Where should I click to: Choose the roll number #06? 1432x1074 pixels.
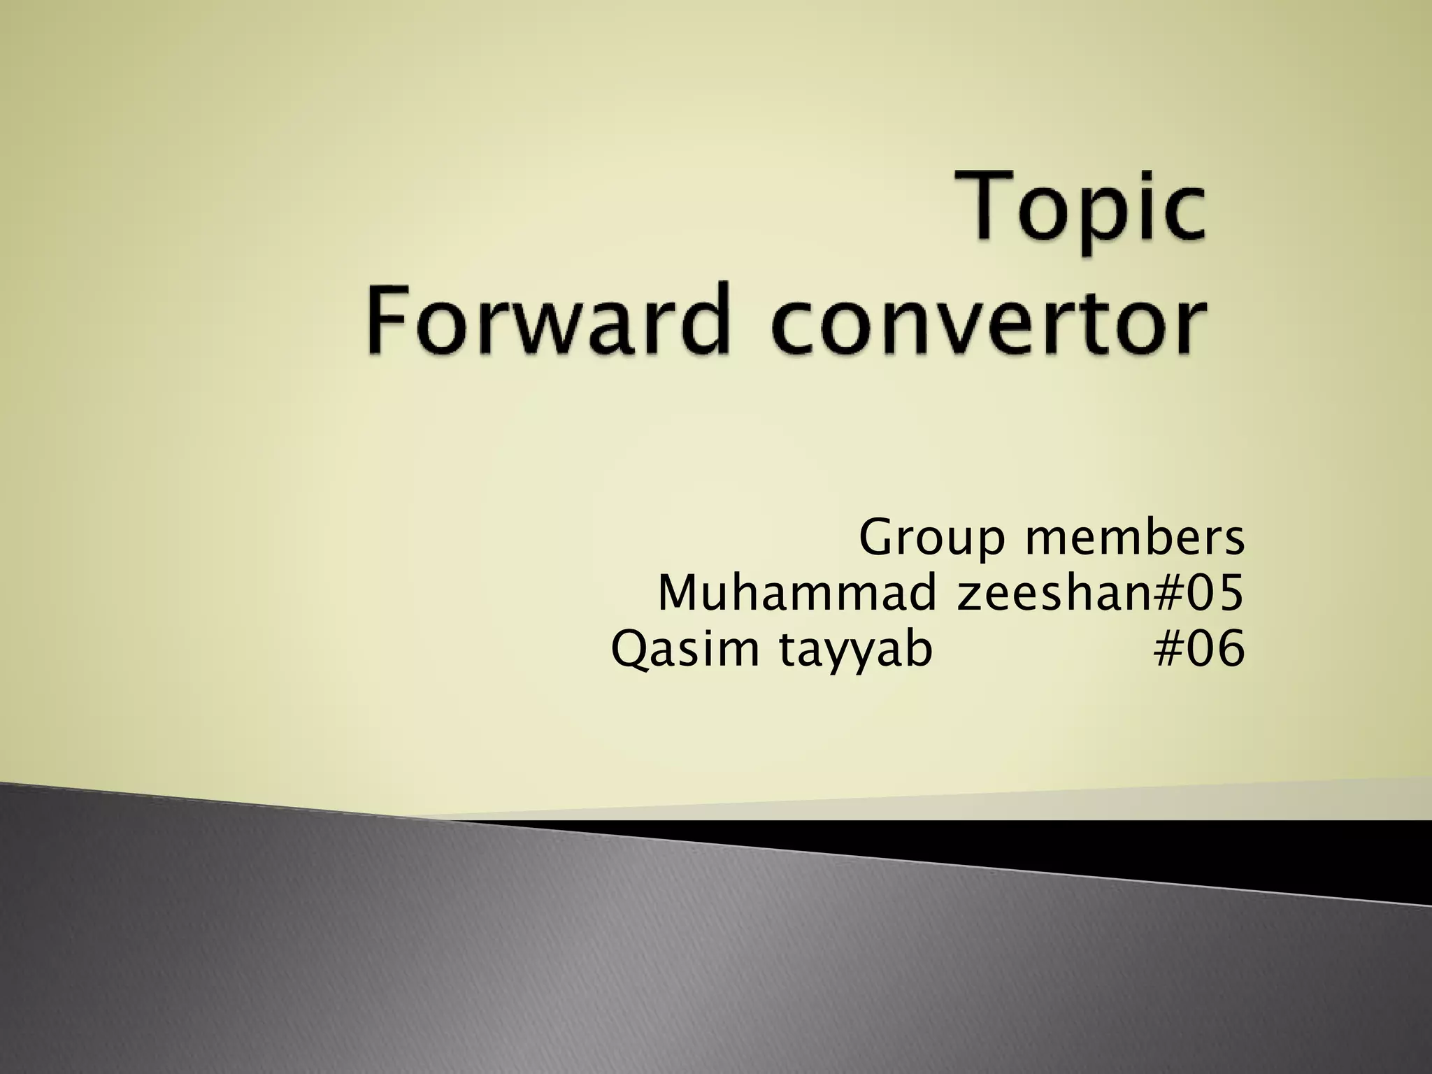[1199, 649]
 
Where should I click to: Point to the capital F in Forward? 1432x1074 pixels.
[389, 320]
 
